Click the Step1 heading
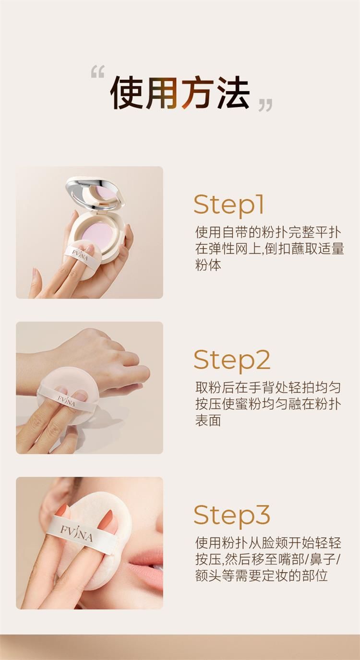[x=228, y=205]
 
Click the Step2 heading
[x=232, y=360]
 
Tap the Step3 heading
[x=232, y=516]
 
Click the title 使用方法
[x=180, y=93]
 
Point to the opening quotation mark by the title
[x=98, y=72]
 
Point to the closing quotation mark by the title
[x=265, y=105]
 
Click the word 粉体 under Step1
[x=208, y=265]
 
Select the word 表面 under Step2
[x=208, y=420]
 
